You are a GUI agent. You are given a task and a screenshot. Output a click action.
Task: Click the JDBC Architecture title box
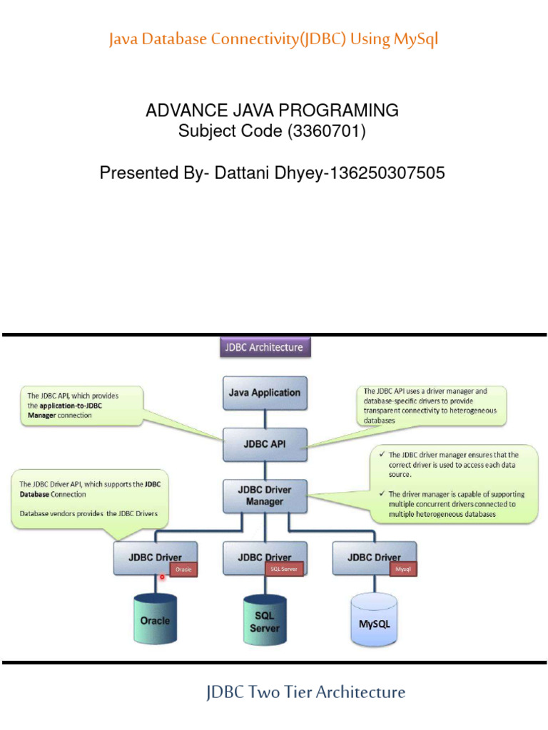[264, 348]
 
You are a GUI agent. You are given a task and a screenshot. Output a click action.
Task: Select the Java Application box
[265, 393]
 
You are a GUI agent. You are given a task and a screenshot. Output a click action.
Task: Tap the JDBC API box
[265, 443]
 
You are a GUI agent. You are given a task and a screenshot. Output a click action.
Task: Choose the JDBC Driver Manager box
[265, 495]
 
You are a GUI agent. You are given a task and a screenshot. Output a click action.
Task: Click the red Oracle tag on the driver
[183, 570]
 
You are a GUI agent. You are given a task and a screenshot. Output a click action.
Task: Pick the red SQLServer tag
[284, 569]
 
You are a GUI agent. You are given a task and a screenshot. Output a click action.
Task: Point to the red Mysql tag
[402, 570]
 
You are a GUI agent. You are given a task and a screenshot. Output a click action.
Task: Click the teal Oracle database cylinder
[155, 620]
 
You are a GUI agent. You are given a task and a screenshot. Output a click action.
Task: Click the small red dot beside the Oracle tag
[162, 577]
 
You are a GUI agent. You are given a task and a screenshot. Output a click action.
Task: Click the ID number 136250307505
[385, 173]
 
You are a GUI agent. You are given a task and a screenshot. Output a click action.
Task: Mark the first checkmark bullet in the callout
[382, 454]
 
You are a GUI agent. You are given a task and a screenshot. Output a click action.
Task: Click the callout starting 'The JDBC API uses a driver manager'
[431, 406]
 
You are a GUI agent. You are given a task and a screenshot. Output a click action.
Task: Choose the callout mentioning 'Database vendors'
[90, 499]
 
